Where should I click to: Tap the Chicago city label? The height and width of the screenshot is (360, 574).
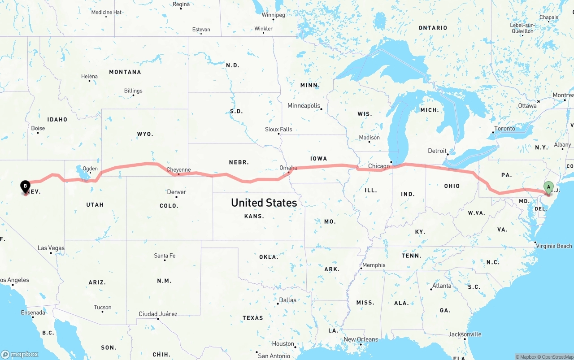click(x=379, y=166)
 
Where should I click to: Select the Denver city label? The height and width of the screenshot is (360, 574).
click(x=176, y=192)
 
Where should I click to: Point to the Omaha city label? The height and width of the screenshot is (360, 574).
click(x=288, y=168)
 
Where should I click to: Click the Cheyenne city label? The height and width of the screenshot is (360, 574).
click(x=178, y=170)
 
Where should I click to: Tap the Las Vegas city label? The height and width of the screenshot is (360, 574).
click(x=51, y=248)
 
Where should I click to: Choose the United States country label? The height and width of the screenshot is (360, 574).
click(x=264, y=203)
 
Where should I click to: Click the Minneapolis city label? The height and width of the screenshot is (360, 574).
click(x=304, y=106)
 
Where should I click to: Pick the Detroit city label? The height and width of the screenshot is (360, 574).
click(x=437, y=151)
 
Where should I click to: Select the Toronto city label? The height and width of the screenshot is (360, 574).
click(x=504, y=129)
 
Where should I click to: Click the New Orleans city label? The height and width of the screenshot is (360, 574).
click(x=361, y=339)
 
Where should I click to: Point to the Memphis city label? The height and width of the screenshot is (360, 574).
click(x=374, y=265)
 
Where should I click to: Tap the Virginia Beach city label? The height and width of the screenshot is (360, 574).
click(x=554, y=246)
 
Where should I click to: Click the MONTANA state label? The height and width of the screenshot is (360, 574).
click(x=125, y=72)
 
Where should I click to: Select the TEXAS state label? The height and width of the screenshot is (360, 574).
click(x=253, y=318)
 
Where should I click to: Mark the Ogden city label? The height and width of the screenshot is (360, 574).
click(x=90, y=169)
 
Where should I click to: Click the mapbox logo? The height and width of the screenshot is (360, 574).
click(x=20, y=354)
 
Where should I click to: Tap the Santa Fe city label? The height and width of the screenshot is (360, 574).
click(x=165, y=256)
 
